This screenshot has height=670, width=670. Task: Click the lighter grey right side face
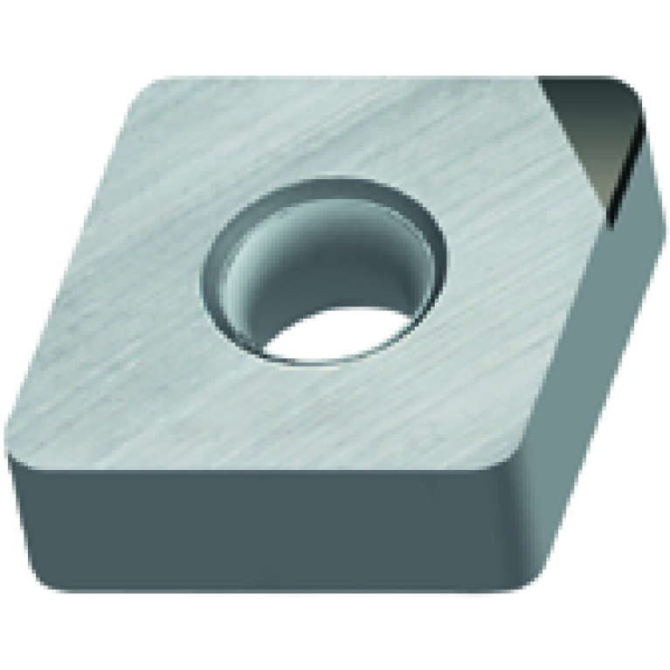tap(594, 367)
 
